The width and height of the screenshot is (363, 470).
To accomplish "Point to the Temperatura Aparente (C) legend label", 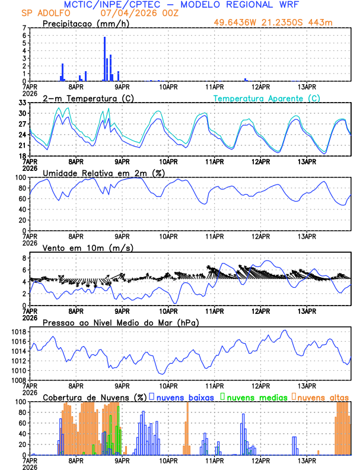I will point(267,98).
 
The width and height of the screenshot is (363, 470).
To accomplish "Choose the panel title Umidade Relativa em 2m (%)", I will point(104,173).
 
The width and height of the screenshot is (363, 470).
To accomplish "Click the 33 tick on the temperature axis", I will point(22,103).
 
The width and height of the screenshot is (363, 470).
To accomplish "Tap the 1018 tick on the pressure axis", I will point(18,332).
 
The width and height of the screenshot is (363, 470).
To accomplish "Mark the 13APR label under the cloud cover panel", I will point(307,459).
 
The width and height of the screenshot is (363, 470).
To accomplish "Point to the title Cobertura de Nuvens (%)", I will point(94,397).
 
